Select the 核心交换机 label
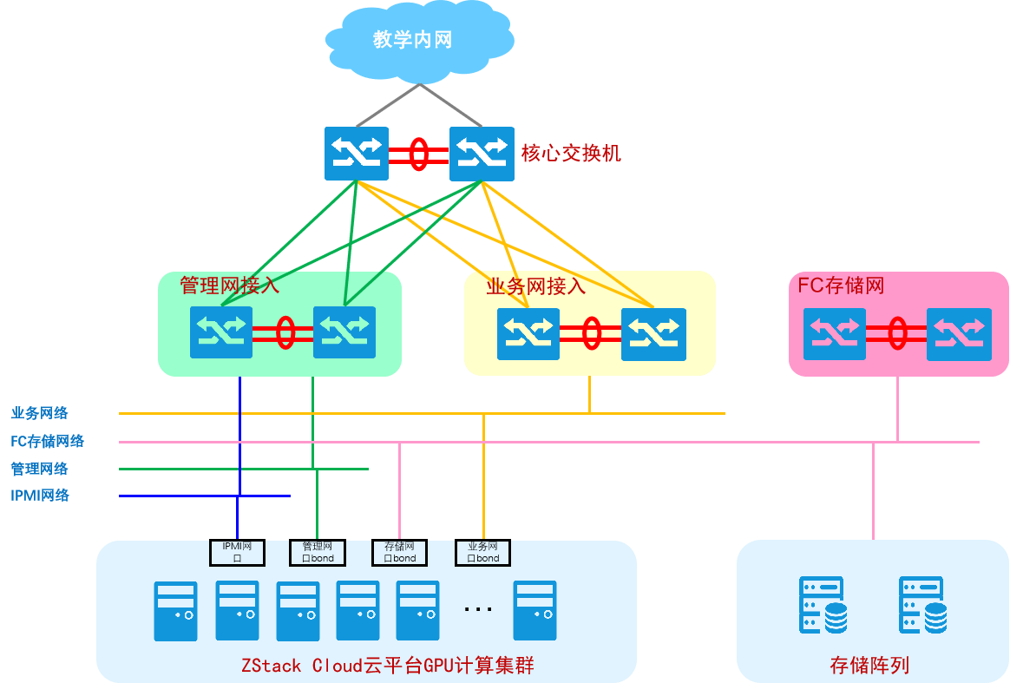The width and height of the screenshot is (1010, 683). pos(570,154)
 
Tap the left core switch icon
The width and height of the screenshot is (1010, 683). pos(357,154)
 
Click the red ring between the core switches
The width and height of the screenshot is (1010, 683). pos(418,154)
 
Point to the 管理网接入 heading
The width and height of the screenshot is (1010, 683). pos(230,286)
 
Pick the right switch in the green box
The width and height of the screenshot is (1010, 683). pos(344,332)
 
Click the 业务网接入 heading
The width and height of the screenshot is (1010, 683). pos(536,286)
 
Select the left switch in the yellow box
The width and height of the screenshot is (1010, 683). pos(528,334)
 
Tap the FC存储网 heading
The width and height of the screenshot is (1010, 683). pos(841,286)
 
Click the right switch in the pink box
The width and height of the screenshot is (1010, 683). pos(959,334)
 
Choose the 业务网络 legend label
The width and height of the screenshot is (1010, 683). pos(40,413)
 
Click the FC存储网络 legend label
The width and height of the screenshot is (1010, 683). pos(48,441)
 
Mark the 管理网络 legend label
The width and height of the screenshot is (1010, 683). pos(40,469)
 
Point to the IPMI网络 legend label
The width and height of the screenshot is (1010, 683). pos(40,496)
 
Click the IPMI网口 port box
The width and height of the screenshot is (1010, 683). pos(237,552)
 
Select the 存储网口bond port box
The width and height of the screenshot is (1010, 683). pos(400,552)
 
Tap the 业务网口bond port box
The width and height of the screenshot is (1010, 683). pos(482,552)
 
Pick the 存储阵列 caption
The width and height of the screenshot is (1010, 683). pos(869,666)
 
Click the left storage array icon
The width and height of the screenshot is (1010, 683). pos(822,605)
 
